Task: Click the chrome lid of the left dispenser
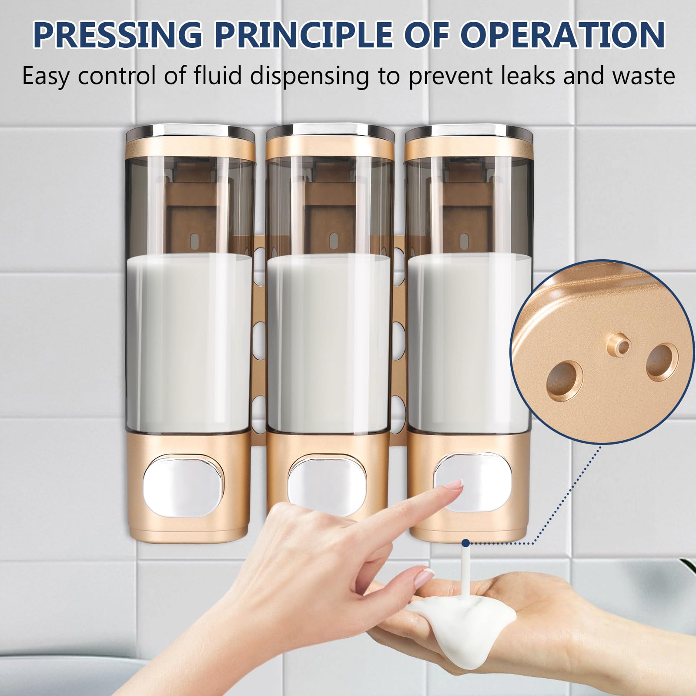pyautogui.click(x=190, y=131)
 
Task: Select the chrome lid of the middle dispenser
pyautogui.click(x=330, y=130)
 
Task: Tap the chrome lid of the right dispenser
pyautogui.click(x=469, y=130)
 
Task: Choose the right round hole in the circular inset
pyautogui.click(x=662, y=361)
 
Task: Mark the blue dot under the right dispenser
pyautogui.click(x=466, y=543)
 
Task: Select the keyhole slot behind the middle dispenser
pyautogui.click(x=333, y=239)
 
